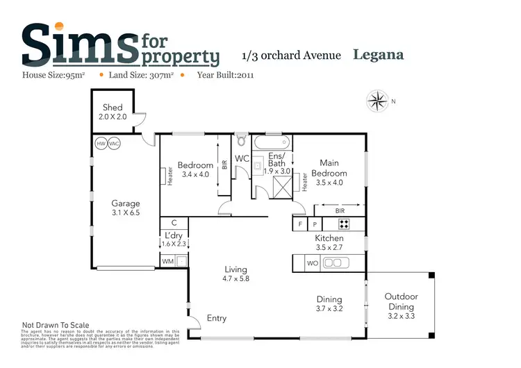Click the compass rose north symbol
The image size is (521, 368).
(x=378, y=101)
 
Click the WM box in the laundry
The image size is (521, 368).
(x=167, y=261)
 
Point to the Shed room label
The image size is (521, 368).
(x=113, y=108)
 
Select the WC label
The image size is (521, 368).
(x=242, y=159)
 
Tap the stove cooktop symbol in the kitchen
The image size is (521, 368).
(x=343, y=224)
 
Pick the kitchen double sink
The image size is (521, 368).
(x=335, y=263)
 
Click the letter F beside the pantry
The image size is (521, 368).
(x=300, y=224)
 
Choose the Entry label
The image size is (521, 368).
(x=217, y=318)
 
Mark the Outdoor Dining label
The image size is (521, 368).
(x=401, y=301)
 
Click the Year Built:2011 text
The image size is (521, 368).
(x=225, y=75)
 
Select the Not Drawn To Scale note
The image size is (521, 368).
(x=56, y=325)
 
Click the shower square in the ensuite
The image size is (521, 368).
(x=283, y=185)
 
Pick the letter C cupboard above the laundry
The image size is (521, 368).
(x=174, y=223)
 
